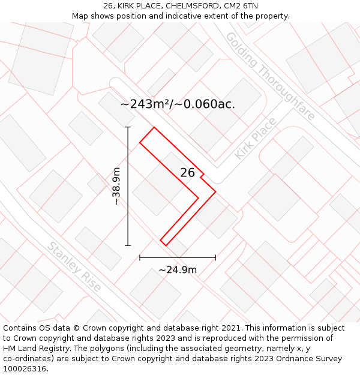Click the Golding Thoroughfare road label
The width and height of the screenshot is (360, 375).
(271, 76)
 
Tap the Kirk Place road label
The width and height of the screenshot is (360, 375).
(256, 139)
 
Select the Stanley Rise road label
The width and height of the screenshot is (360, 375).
(74, 267)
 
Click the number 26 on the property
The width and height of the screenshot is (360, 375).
(188, 173)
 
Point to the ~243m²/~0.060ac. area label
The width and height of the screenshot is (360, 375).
(178, 104)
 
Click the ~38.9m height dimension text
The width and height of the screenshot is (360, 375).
(116, 187)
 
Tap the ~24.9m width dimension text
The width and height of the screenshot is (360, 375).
(178, 270)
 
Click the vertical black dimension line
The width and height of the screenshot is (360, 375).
(128, 198)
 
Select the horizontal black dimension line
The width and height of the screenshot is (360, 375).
(178, 258)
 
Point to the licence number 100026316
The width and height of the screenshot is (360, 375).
(24, 369)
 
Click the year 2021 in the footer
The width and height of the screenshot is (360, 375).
(230, 328)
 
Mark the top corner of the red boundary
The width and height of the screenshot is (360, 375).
(154, 127)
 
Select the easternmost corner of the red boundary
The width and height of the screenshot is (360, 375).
(215, 192)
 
